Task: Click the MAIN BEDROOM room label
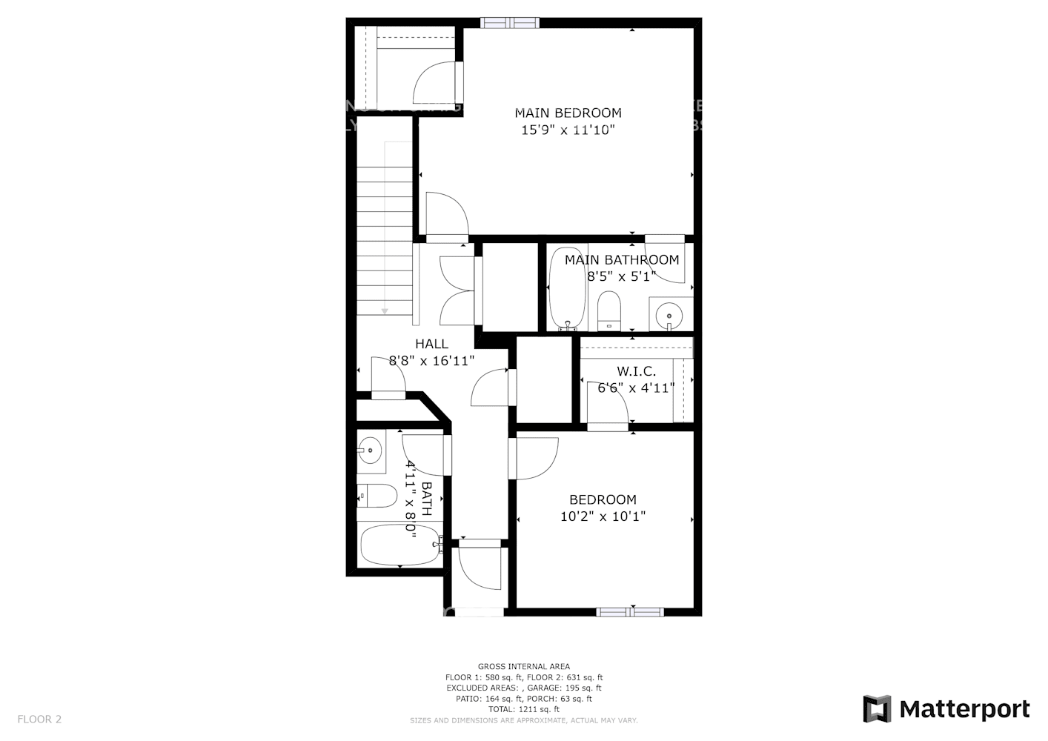point(568,113)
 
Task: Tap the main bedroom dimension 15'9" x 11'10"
point(568,130)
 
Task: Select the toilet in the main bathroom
point(608,310)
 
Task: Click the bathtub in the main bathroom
point(567,288)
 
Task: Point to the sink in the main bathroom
point(669,315)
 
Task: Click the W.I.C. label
point(636,371)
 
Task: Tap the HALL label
point(431,344)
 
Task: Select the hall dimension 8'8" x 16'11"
point(431,361)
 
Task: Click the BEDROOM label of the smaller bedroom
point(603,499)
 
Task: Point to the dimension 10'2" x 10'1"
point(603,516)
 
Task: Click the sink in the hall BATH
point(370,449)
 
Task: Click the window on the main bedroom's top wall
point(509,22)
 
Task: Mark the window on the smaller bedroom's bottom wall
point(629,612)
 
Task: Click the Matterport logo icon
point(878,709)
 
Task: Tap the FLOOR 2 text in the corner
point(39,719)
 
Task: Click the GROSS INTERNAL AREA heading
point(523,667)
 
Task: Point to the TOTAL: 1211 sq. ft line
point(523,709)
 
